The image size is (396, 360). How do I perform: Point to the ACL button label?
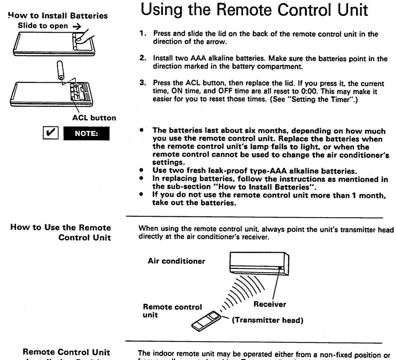tap(94, 118)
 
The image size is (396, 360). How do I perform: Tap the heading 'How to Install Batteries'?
tap(58, 16)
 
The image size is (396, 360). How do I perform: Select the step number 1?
tap(143, 34)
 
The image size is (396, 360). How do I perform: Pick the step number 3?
tap(143, 83)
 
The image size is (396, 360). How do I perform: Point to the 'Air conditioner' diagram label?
tap(176, 261)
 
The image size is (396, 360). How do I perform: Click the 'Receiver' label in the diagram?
tap(270, 304)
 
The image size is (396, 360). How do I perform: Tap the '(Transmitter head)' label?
tap(268, 320)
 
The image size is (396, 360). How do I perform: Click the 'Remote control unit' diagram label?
tap(172, 311)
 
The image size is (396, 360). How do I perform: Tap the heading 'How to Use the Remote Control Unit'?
tap(61, 232)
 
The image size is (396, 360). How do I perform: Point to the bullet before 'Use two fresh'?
tap(141, 171)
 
